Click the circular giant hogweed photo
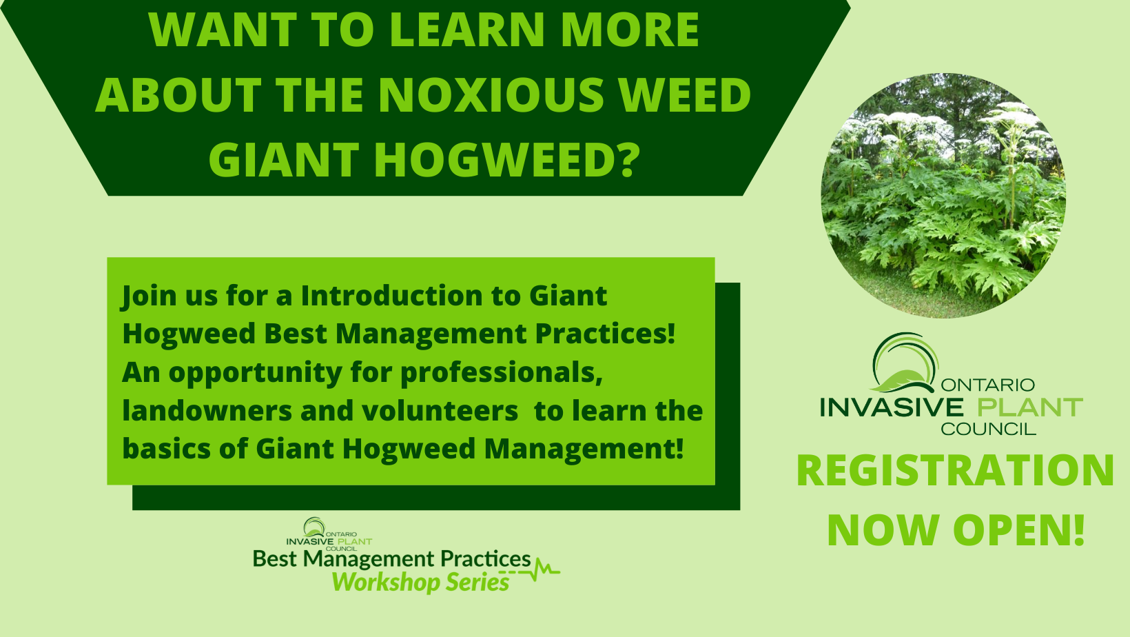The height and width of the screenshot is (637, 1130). point(943,195)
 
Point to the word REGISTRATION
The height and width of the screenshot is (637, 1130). point(955,470)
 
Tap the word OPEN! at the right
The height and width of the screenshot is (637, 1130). point(1019,530)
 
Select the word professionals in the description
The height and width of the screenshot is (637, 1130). point(502,374)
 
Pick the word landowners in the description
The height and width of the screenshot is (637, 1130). point(207,410)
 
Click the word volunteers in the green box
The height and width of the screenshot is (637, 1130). point(409,410)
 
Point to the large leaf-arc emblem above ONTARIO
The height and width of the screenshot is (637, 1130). point(905,363)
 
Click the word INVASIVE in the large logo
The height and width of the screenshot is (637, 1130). point(892,407)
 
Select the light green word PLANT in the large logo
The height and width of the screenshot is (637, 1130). point(1029,407)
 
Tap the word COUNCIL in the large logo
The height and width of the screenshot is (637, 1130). point(988,429)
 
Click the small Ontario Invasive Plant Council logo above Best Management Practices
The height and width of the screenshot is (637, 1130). point(329,534)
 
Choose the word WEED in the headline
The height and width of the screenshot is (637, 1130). point(685,94)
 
